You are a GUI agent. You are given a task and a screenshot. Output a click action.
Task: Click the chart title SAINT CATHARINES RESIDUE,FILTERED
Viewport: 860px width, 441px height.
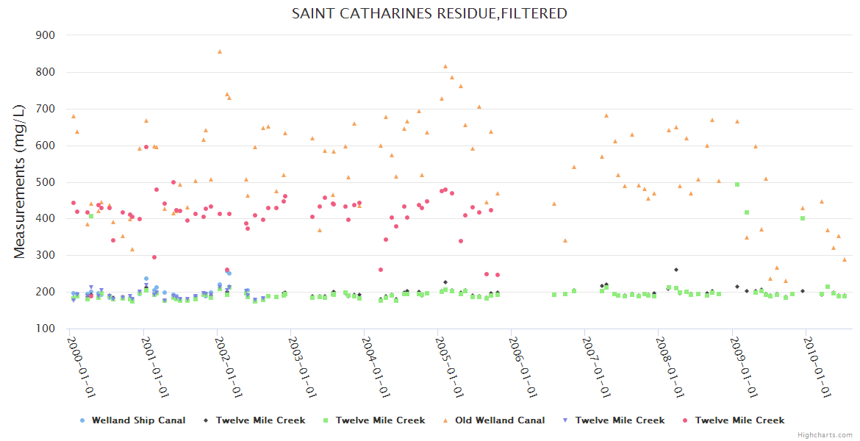tap(429, 13)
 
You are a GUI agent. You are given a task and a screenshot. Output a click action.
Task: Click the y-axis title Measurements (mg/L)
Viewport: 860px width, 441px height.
tap(20, 181)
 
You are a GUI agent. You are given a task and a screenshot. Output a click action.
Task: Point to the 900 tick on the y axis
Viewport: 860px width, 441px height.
tap(46, 35)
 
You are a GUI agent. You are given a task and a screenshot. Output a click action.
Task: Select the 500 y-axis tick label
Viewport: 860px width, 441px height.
tap(46, 182)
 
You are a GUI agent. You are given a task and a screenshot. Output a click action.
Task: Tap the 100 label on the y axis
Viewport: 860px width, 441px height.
tap(46, 329)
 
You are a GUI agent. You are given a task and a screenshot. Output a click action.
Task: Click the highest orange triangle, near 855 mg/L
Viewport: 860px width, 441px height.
tap(220, 51)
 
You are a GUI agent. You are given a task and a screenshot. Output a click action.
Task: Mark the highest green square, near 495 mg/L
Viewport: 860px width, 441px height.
tap(737, 184)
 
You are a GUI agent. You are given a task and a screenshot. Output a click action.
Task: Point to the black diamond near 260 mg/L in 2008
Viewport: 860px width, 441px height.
tap(676, 270)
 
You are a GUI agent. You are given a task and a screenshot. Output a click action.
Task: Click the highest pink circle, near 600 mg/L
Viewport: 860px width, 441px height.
tap(146, 147)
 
